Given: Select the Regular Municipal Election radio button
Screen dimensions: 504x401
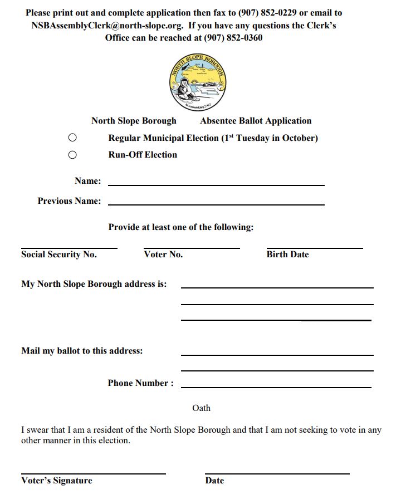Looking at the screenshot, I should click(x=72, y=138).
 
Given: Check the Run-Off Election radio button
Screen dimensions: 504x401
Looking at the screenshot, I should click(x=72, y=155).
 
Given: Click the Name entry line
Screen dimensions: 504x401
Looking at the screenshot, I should click(x=216, y=184).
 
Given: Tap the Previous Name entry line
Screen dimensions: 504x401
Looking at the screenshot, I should click(x=216, y=204).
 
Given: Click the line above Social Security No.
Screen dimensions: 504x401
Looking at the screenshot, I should click(x=69, y=247).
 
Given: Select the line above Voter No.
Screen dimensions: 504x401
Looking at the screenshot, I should click(x=192, y=247).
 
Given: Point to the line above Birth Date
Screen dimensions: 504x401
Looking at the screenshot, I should click(x=315, y=247).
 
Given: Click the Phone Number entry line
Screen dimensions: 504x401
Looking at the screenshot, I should click(x=276, y=386).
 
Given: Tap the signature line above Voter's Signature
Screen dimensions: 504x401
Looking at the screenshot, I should click(x=94, y=473).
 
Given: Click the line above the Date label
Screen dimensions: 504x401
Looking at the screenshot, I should click(x=277, y=473).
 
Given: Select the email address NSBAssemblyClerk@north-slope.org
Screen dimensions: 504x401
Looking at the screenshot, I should click(x=109, y=26).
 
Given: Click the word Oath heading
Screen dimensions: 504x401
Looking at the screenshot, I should click(x=201, y=408).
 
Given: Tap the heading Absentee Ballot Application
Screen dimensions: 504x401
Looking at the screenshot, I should click(x=256, y=121).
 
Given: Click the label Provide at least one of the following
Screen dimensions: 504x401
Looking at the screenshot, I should click(x=181, y=227).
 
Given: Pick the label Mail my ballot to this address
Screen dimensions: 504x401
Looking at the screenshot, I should click(x=82, y=351).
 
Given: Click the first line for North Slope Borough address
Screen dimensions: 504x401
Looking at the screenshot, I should click(x=277, y=287).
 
